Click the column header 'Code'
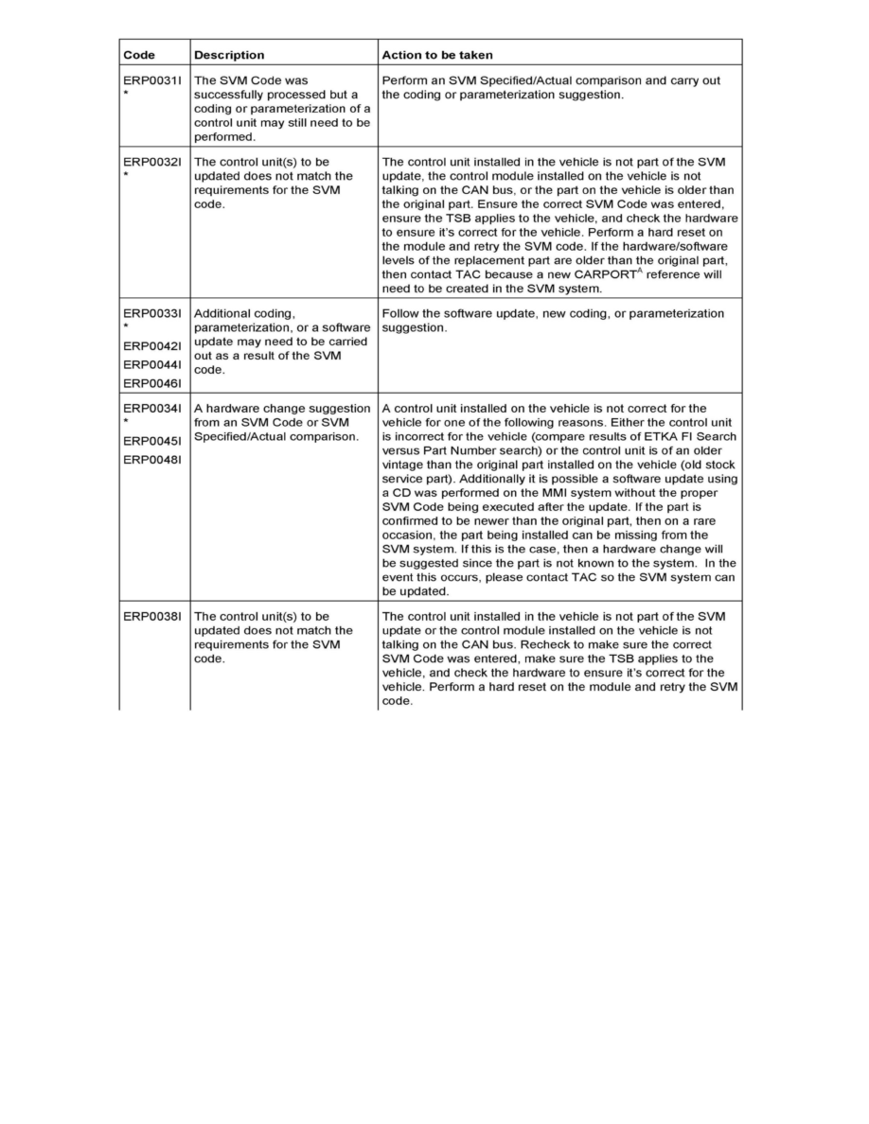click(139, 55)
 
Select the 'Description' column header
click(229, 55)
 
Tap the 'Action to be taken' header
click(436, 55)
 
